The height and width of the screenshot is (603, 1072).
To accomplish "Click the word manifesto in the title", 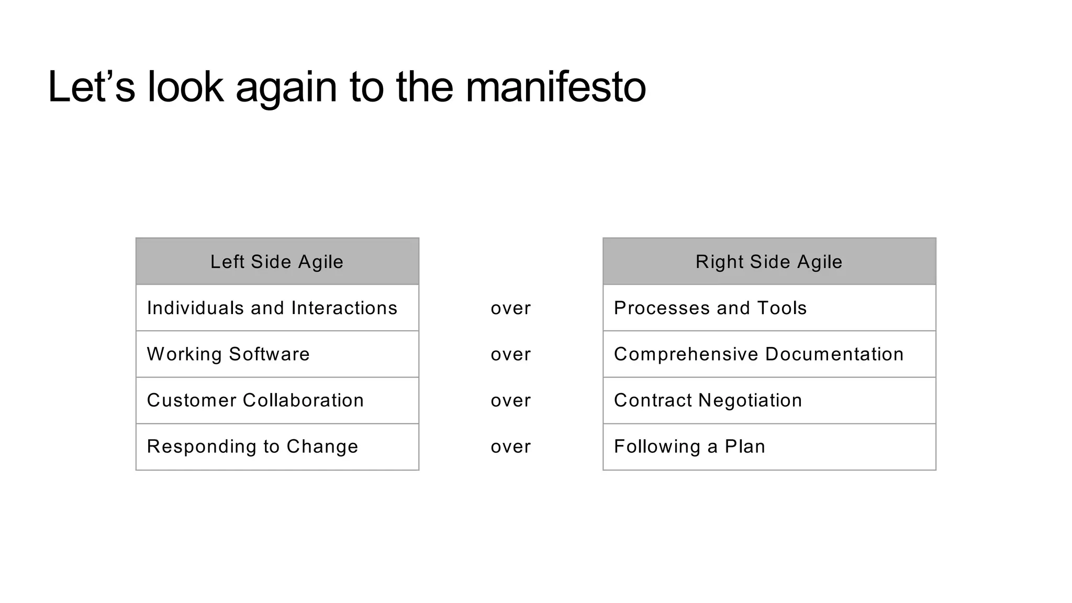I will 555,87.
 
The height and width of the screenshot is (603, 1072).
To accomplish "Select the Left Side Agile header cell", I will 277,262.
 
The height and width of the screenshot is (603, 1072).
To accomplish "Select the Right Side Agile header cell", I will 769,262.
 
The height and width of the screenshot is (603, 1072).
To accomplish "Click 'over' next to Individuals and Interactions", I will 510,308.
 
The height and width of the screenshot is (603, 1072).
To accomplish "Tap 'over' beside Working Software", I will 510,354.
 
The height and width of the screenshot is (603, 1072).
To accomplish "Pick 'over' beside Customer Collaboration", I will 510,400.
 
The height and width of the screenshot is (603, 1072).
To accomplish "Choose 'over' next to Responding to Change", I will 510,446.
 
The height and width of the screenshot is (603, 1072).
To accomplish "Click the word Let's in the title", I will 91,87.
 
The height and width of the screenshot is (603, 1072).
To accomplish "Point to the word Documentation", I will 834,354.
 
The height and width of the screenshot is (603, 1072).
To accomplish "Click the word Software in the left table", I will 269,354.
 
